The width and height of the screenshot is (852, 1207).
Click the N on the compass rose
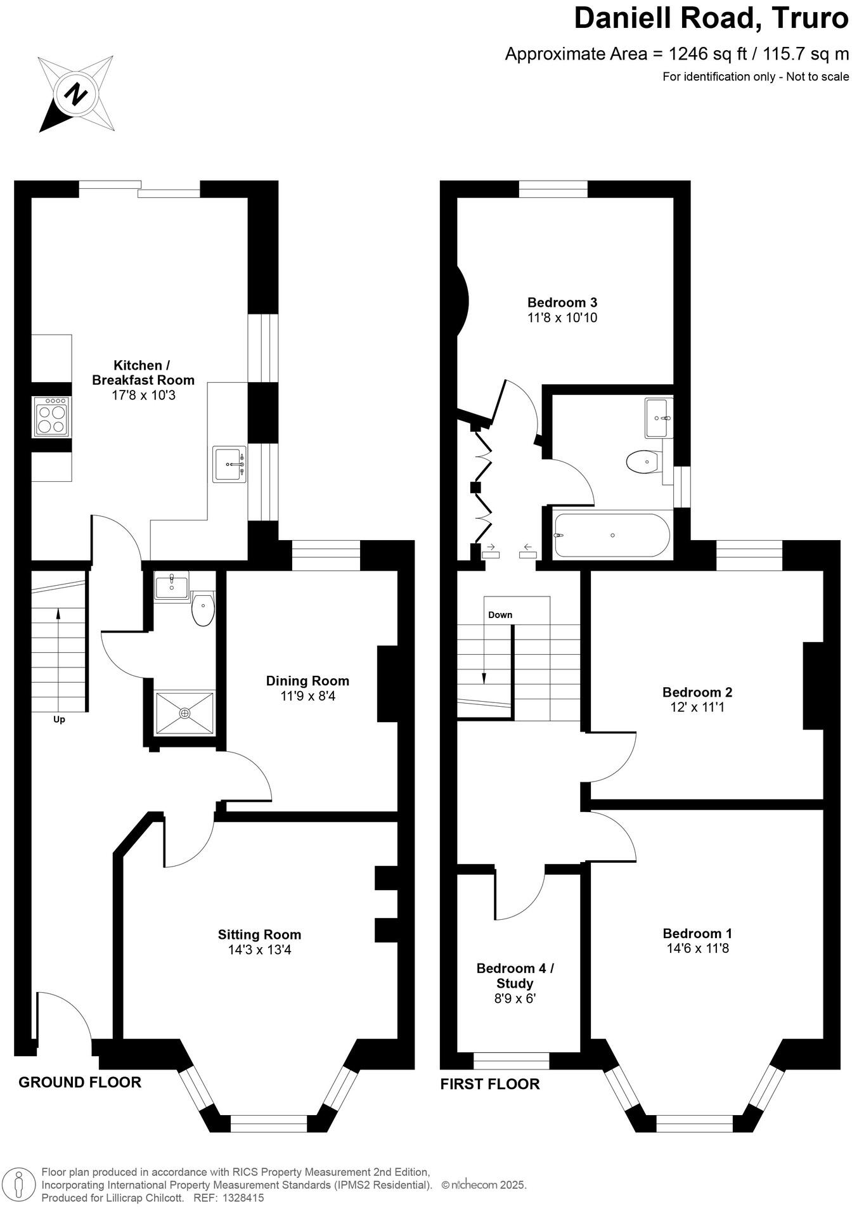[x=77, y=94]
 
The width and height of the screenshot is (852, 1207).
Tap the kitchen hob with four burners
[x=51, y=416]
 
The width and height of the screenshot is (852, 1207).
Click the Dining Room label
[x=307, y=681]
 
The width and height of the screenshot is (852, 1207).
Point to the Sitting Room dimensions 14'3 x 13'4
[x=259, y=950]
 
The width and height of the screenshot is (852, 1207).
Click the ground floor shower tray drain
[x=184, y=713]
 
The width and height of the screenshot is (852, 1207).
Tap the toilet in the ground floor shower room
[x=203, y=609]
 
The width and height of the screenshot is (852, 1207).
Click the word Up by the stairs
[x=59, y=720]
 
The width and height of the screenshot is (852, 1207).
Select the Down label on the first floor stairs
[x=500, y=615]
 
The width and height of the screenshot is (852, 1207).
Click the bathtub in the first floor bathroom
[x=612, y=536]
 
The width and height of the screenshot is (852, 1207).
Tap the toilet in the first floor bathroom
[x=643, y=461]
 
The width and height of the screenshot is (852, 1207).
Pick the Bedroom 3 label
[x=562, y=302]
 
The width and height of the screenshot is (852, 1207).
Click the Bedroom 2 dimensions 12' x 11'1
[x=697, y=707]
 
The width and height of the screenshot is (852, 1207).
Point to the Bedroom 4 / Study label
[x=515, y=976]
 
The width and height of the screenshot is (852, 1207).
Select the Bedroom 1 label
[x=697, y=933]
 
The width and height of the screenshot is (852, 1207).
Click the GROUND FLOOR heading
[x=80, y=1082]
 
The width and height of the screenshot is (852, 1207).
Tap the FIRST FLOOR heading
[x=490, y=1084]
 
